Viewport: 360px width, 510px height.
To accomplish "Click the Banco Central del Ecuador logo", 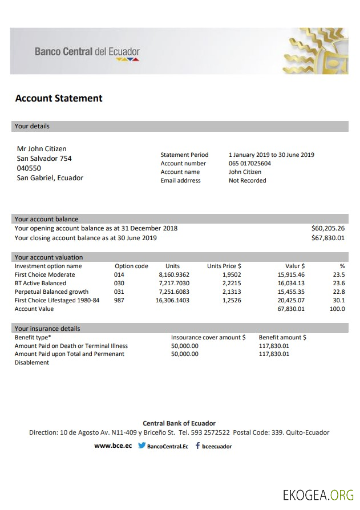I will point(87,52).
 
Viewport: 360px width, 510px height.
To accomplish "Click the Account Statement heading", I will point(59,98).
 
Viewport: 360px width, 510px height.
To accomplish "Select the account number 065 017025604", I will point(250,163).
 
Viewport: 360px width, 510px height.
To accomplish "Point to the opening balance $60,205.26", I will point(327,228).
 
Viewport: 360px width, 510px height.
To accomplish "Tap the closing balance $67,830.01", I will point(327,238).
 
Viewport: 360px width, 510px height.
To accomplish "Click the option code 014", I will point(119,274).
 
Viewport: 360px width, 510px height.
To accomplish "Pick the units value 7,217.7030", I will point(173,283).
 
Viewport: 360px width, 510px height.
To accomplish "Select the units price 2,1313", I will point(232,292).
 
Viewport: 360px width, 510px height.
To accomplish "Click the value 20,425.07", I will point(291,300).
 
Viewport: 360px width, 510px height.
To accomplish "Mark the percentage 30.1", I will point(339,300).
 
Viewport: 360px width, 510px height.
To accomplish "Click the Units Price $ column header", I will point(224,266).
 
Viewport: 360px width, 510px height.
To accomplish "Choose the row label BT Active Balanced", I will point(41,283).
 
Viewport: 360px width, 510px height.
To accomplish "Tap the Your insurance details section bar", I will point(179,328).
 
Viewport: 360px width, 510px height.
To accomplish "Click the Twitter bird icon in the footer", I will point(141,446).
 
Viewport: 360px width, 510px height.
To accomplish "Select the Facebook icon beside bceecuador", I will point(197,446).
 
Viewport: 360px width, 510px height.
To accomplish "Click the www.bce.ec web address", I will point(113,446).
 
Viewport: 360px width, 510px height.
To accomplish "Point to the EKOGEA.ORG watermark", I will point(318,494).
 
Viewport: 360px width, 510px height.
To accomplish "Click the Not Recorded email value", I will point(247,180).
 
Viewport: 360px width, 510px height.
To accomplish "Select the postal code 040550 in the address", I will point(29,168).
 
